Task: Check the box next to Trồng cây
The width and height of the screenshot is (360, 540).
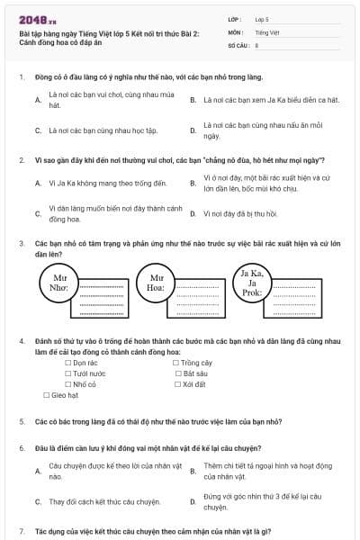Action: tap(177, 362)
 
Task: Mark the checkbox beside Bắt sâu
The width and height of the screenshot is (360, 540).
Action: tap(177, 373)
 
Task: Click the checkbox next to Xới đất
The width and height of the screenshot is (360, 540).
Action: tap(177, 383)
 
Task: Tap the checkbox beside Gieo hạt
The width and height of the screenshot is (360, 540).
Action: tap(47, 394)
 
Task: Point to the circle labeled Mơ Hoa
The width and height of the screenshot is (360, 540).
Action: tap(157, 283)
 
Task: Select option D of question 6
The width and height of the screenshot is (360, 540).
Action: tap(193, 500)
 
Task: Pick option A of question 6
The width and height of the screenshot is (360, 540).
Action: tap(38, 471)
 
